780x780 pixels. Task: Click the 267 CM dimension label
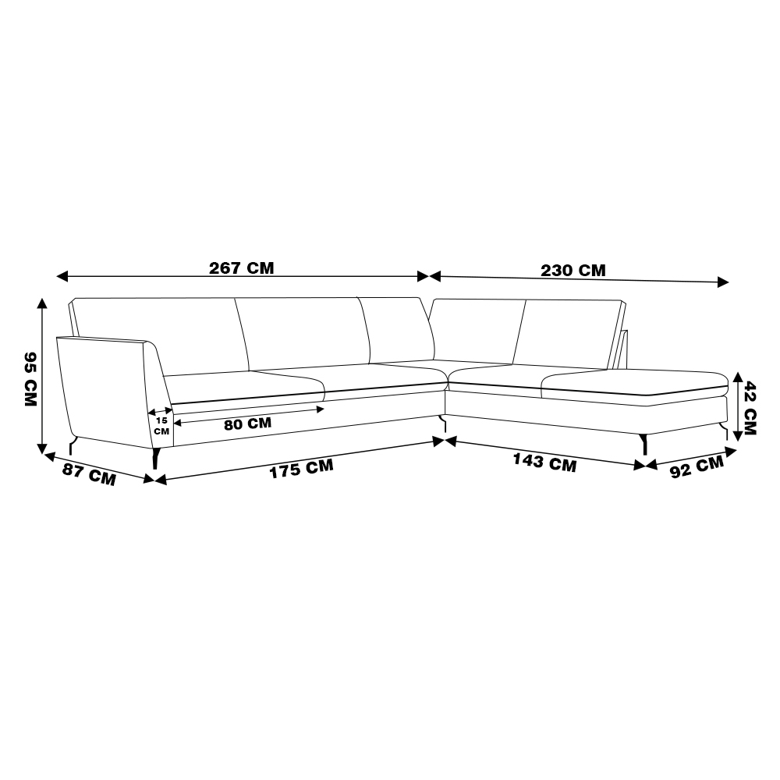coord(241,268)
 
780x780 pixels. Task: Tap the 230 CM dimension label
coord(573,271)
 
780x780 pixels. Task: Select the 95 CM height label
coord(31,379)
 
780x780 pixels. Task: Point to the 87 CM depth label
coord(89,474)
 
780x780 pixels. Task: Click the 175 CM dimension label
coord(301,469)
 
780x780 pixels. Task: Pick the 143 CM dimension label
coord(544,462)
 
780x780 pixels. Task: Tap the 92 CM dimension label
coord(697,467)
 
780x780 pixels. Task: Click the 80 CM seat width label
coord(248,424)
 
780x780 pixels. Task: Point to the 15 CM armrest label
coord(161,426)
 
